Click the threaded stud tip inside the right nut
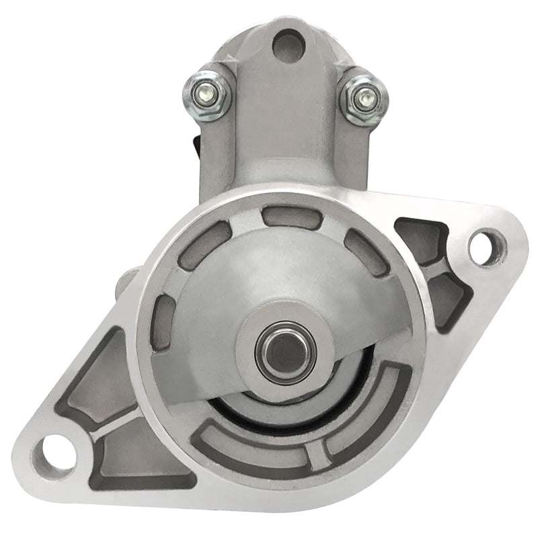pos(364,97)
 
